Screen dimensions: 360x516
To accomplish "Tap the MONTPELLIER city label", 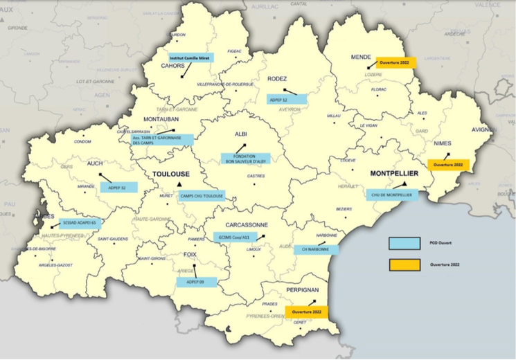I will (x=394, y=173).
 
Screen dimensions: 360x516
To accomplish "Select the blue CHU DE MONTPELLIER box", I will (x=393, y=195).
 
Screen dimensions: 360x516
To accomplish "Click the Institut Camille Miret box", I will (x=190, y=58).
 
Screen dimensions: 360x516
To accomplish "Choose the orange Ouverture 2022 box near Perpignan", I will (x=307, y=312).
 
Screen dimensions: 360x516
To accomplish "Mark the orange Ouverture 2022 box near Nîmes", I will (x=448, y=165).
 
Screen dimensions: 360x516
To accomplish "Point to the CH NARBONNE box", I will (x=314, y=249).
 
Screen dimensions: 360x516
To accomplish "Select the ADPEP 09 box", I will (x=197, y=282).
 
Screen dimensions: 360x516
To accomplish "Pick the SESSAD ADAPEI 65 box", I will (x=80, y=222).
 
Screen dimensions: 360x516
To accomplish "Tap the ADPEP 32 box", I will (x=118, y=187).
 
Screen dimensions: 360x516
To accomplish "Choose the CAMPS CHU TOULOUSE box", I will (x=202, y=196).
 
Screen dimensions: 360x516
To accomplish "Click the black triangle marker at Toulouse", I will (x=179, y=184).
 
